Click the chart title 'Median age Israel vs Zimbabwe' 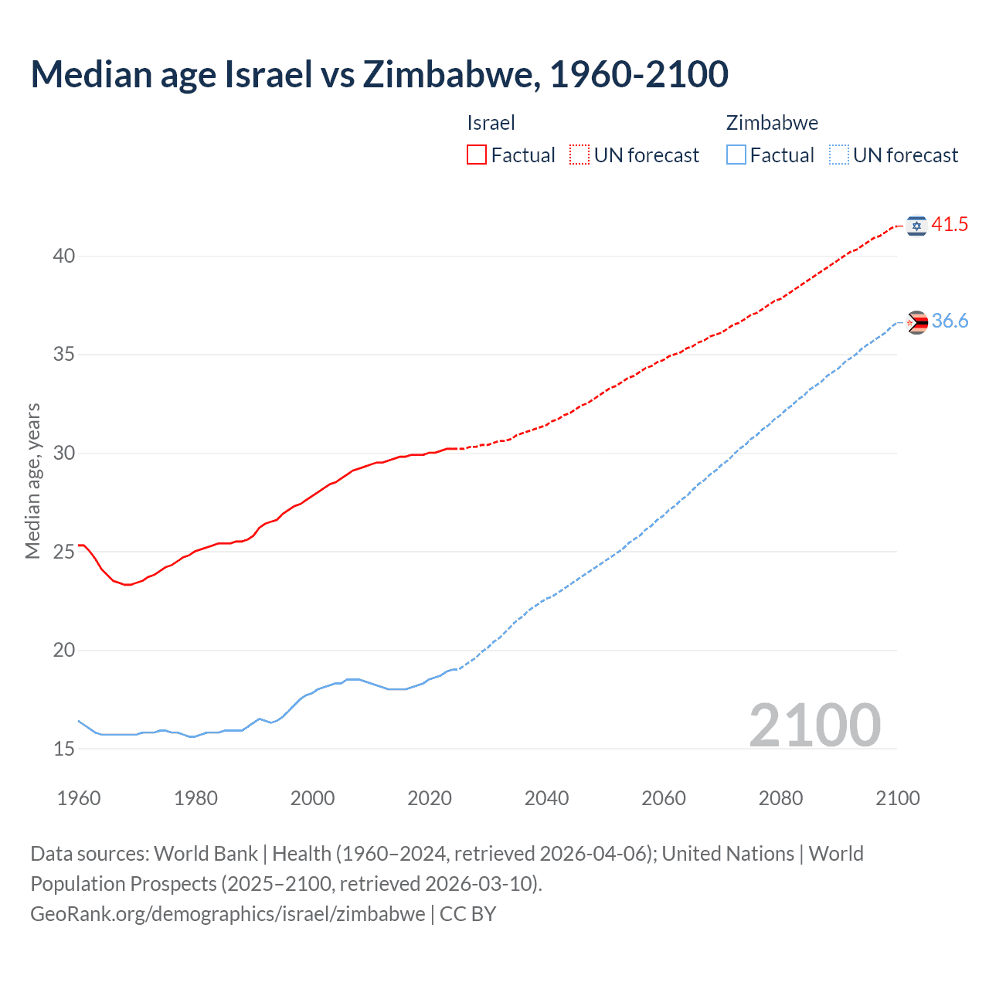pos(379,74)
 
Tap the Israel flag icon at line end pos(916,225)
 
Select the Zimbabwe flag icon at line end pos(916,322)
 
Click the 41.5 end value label pos(950,225)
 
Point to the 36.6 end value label pos(950,321)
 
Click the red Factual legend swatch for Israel pos(477,155)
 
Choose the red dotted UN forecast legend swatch pos(579,155)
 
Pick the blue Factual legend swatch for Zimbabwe pos(736,155)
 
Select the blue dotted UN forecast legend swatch pos(838,155)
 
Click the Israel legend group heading pos(491,123)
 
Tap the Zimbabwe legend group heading pos(772,123)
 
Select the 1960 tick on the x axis pos(79,798)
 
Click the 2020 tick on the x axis pos(430,798)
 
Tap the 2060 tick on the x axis pos(664,798)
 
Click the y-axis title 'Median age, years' pos(32,481)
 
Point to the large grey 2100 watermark pos(814,725)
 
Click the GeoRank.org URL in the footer pos(227,914)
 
